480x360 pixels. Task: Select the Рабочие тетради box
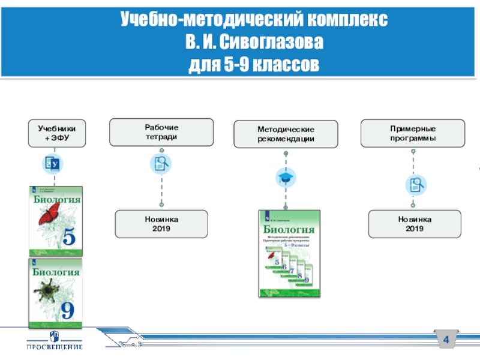click(x=161, y=132)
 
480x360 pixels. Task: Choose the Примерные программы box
click(x=412, y=133)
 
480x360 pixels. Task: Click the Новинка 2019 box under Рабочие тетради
click(x=161, y=224)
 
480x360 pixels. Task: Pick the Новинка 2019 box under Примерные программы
click(x=414, y=224)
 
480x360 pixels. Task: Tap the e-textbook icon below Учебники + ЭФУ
click(x=53, y=164)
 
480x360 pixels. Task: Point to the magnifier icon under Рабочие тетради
click(x=161, y=163)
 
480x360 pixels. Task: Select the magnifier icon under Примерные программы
click(x=414, y=184)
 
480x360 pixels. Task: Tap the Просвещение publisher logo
click(x=55, y=340)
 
